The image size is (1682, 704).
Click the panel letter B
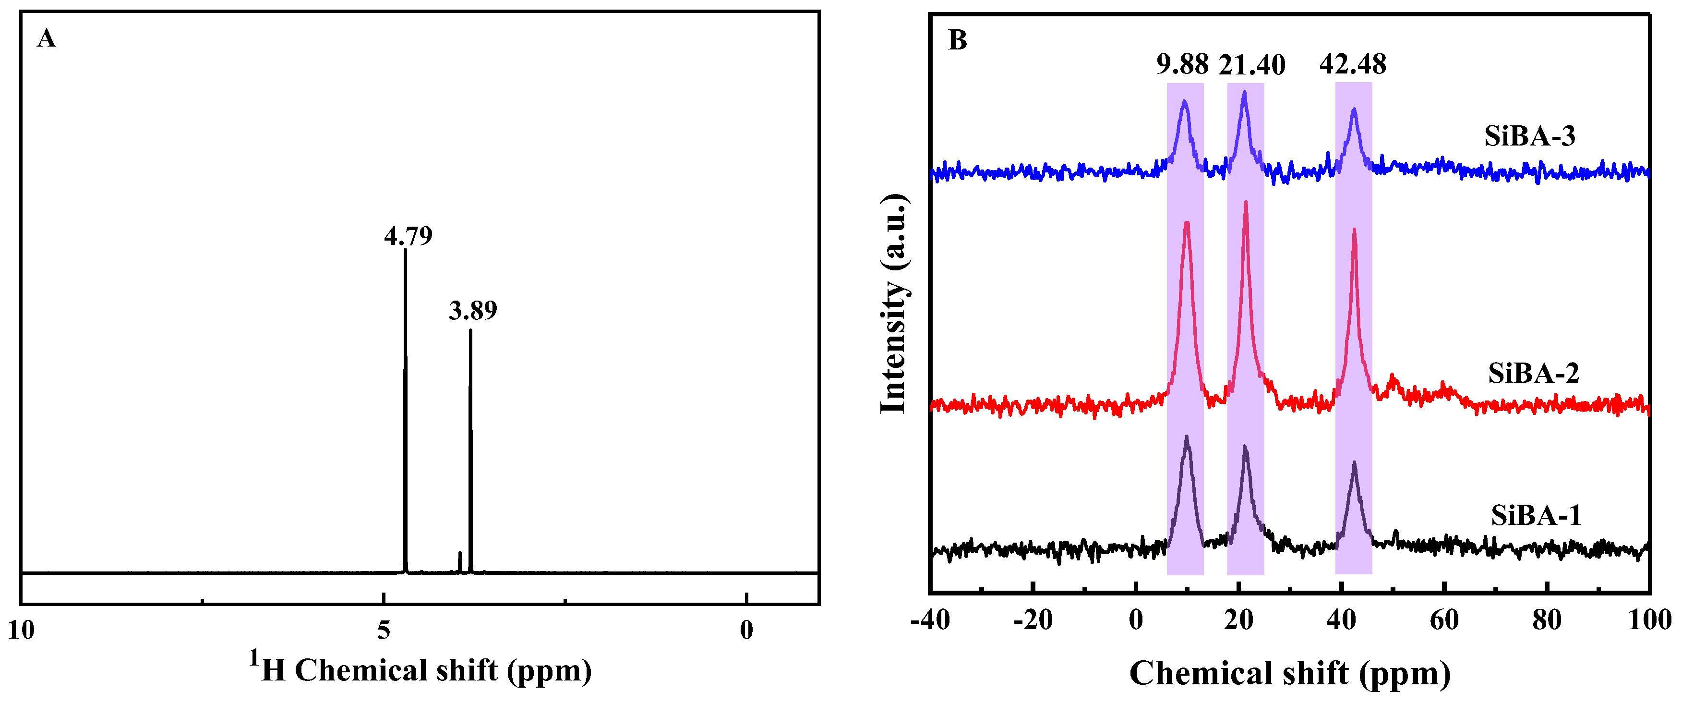(957, 40)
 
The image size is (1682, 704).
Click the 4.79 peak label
(408, 236)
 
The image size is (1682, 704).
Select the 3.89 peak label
(473, 310)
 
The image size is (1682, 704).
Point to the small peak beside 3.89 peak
(460, 555)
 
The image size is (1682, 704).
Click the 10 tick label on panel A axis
(21, 630)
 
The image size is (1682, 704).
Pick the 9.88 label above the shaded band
(1182, 64)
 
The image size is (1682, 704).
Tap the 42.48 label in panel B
(1353, 64)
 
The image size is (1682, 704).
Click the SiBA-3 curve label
(1530, 136)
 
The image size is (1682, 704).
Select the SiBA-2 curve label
(1534, 373)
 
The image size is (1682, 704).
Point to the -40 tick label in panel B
(930, 620)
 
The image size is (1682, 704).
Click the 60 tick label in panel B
(1444, 620)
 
